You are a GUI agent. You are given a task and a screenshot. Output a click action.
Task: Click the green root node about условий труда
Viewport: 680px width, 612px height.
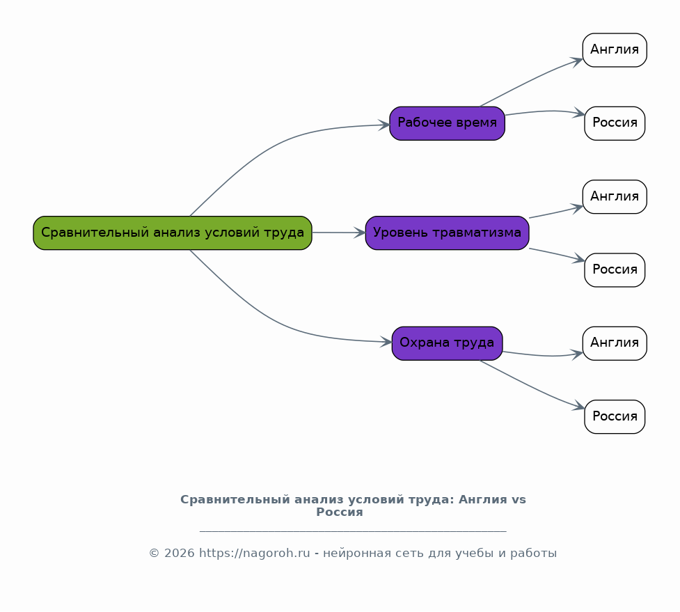(x=173, y=233)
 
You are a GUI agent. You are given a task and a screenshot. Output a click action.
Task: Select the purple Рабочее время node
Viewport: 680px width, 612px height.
(x=447, y=123)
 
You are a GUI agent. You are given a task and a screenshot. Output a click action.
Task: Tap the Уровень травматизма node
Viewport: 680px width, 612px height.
(x=447, y=233)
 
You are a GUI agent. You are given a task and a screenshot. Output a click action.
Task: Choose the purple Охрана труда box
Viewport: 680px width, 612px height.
(x=447, y=343)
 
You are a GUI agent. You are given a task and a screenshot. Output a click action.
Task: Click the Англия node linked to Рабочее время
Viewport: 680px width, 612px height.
(x=615, y=50)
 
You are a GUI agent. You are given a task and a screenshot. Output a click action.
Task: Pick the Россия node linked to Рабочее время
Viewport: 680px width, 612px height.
(x=615, y=123)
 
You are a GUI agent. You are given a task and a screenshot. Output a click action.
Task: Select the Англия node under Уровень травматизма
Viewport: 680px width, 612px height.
(x=615, y=196)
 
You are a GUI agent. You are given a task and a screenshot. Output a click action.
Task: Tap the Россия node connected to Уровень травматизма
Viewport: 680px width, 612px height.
(x=615, y=269)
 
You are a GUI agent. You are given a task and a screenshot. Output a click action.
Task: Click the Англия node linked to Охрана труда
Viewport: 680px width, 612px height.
(x=615, y=343)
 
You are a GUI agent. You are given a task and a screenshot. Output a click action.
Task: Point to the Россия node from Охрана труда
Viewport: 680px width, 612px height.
(x=615, y=416)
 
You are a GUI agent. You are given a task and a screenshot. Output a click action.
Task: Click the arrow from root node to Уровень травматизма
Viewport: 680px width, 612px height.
(x=339, y=233)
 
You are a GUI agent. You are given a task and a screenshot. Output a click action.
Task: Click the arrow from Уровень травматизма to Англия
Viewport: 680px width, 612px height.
(x=556, y=212)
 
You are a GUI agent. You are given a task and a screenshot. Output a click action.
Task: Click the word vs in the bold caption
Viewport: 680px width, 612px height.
(x=519, y=500)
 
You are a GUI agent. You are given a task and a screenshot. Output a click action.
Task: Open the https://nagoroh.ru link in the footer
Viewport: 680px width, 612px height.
(x=255, y=554)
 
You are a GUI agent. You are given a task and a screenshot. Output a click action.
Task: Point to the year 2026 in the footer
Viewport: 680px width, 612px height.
(x=179, y=554)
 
